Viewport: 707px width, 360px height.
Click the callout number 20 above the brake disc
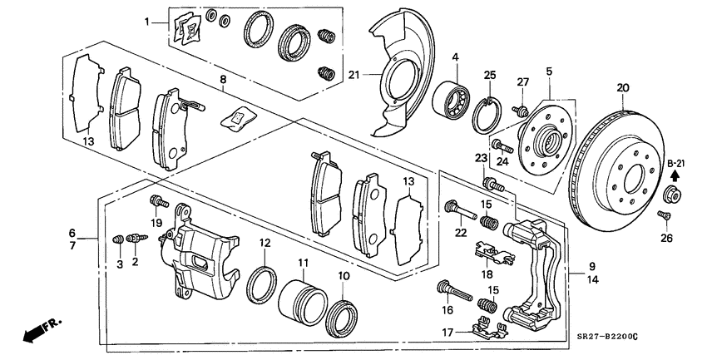click(x=622, y=88)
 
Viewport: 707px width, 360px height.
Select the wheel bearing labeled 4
click(x=451, y=97)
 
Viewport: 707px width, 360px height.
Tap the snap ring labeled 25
click(x=487, y=115)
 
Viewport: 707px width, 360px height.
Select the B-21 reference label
click(x=676, y=163)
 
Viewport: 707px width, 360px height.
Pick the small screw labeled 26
click(x=664, y=216)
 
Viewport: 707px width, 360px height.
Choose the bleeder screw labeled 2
click(x=136, y=238)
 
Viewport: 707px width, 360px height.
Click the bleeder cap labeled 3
click(x=118, y=239)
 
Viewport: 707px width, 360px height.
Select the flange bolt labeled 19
click(x=159, y=201)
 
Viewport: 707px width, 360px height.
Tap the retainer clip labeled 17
click(x=487, y=329)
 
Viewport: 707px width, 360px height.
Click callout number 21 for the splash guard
click(x=354, y=75)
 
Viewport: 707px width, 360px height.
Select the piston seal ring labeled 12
click(x=261, y=285)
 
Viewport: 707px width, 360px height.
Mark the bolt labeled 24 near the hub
click(x=502, y=146)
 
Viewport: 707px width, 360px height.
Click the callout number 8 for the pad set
click(x=223, y=80)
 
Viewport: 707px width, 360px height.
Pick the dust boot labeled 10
click(x=342, y=318)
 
